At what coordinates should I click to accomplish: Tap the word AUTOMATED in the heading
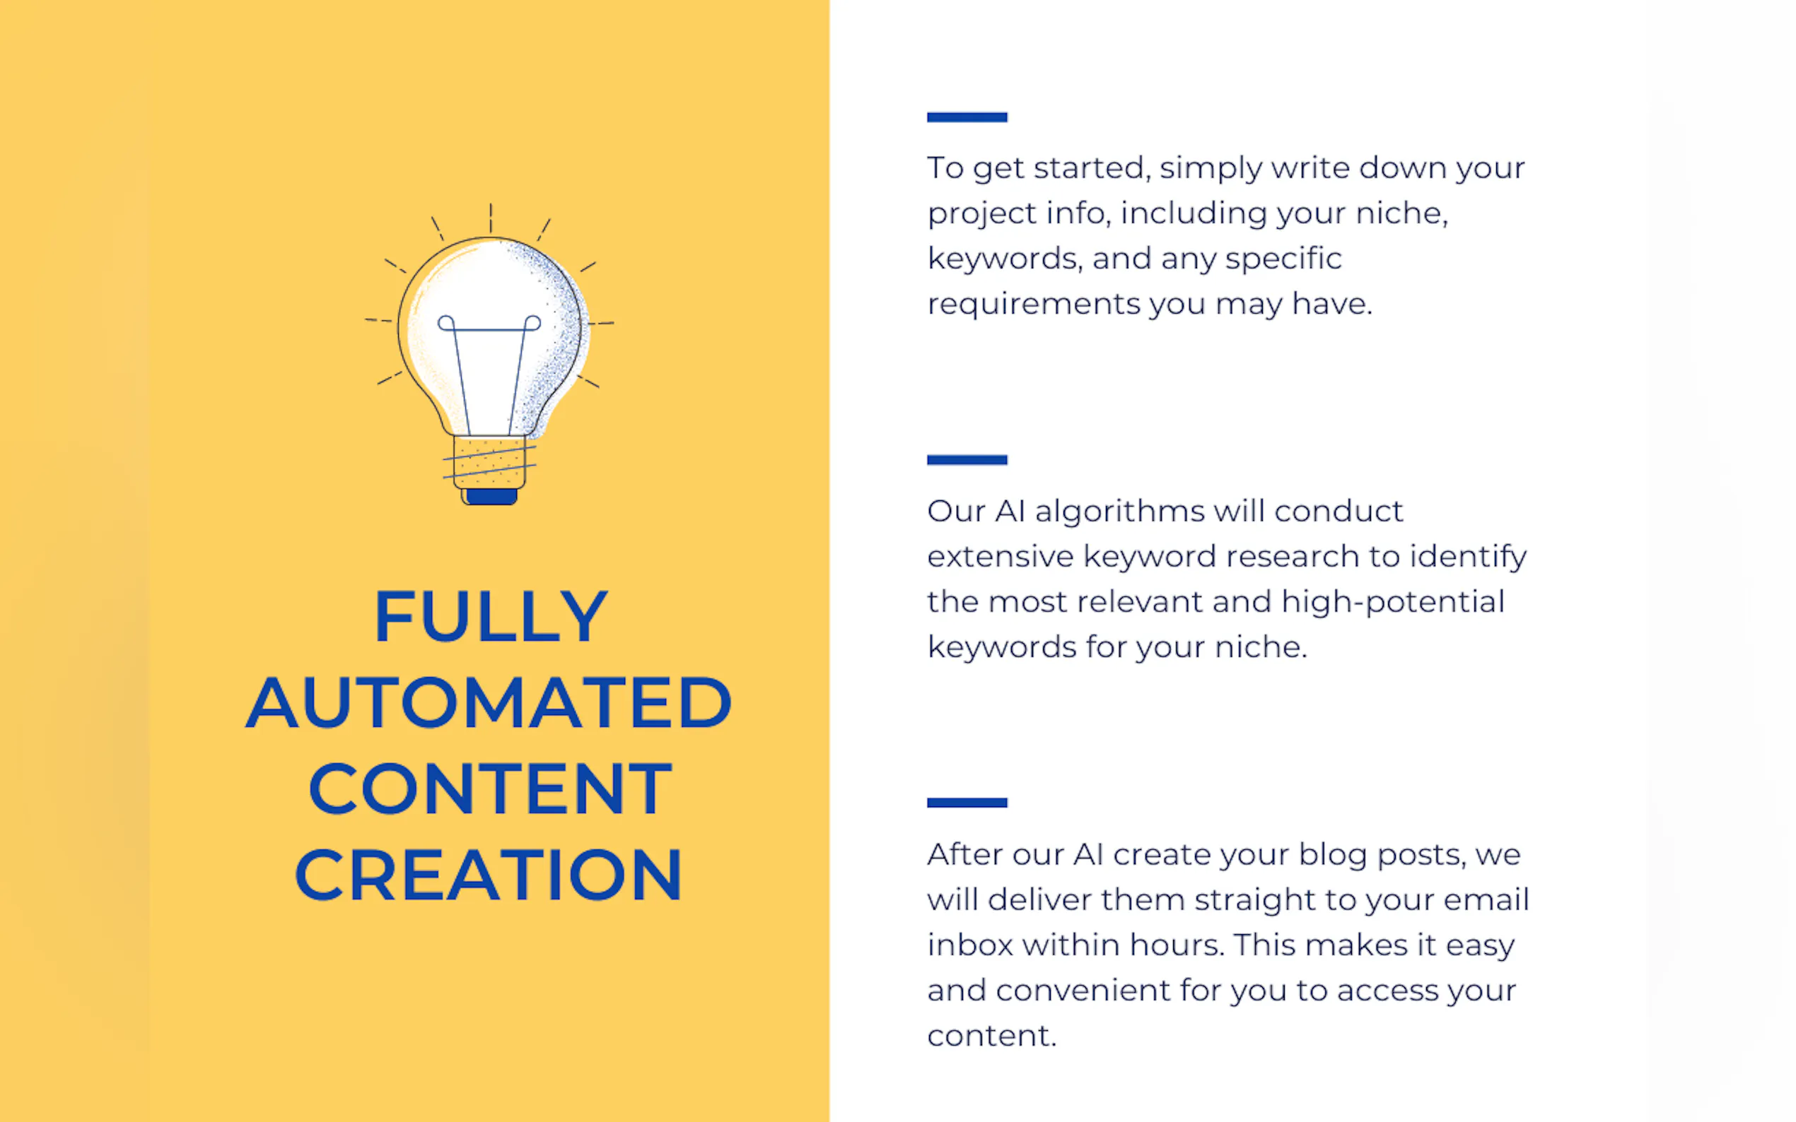[489, 702]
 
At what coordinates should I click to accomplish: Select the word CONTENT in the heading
[490, 788]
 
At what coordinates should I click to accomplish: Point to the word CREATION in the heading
[489, 875]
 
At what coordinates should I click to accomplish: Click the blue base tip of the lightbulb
[491, 497]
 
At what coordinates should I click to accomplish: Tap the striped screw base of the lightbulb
[490, 461]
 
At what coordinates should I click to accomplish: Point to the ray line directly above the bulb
[490, 218]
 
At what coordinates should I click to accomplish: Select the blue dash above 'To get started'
[967, 117]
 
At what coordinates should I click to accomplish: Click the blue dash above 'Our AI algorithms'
[967, 460]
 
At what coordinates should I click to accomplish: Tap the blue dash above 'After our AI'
[967, 803]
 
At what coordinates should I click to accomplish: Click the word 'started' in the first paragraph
[1092, 168]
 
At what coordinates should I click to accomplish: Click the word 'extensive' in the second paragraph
[1000, 557]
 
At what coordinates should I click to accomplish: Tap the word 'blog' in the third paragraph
[1333, 856]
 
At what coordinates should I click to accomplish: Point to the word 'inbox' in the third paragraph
[969, 945]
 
